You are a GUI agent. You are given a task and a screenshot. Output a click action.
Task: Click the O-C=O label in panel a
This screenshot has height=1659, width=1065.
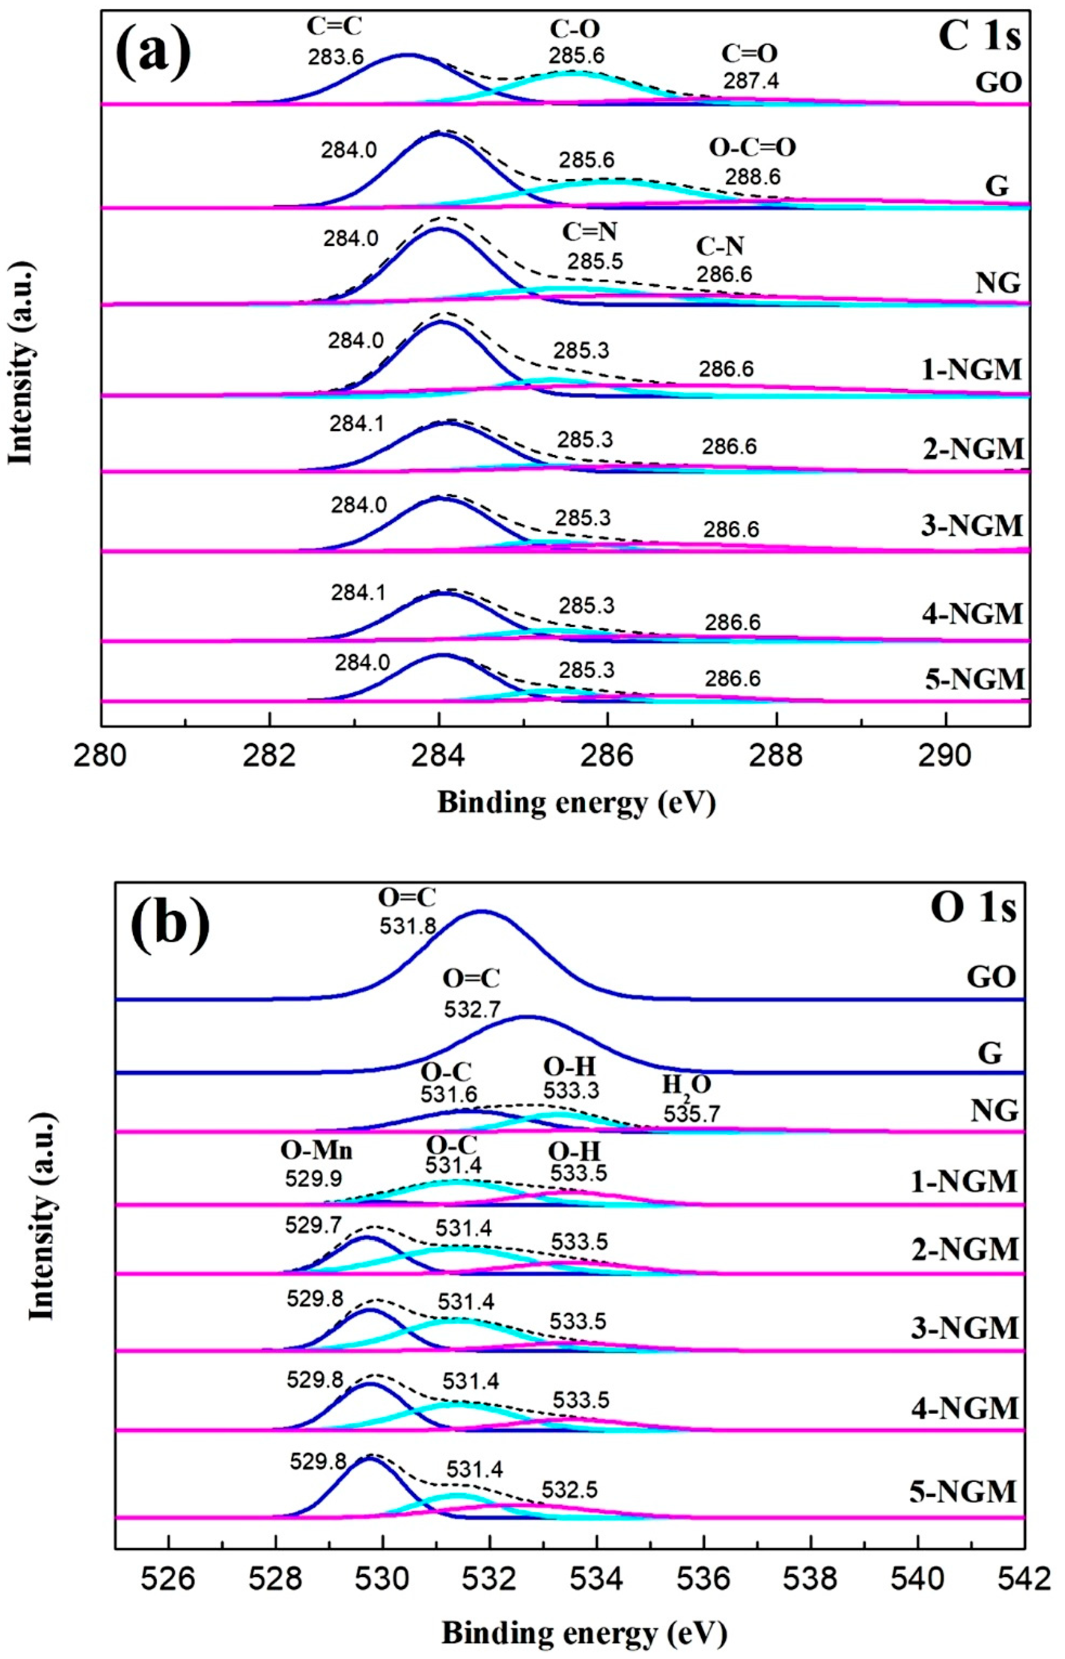point(753,147)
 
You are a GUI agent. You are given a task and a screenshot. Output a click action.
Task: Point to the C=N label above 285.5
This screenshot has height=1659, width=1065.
point(589,232)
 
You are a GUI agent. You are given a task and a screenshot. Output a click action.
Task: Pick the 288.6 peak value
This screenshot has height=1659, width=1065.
point(753,177)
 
